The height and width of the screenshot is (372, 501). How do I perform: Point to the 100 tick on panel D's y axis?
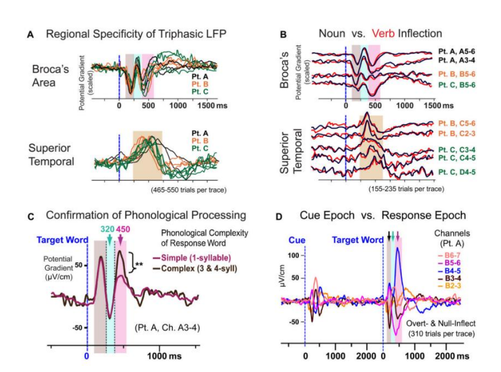click(x=291, y=255)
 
